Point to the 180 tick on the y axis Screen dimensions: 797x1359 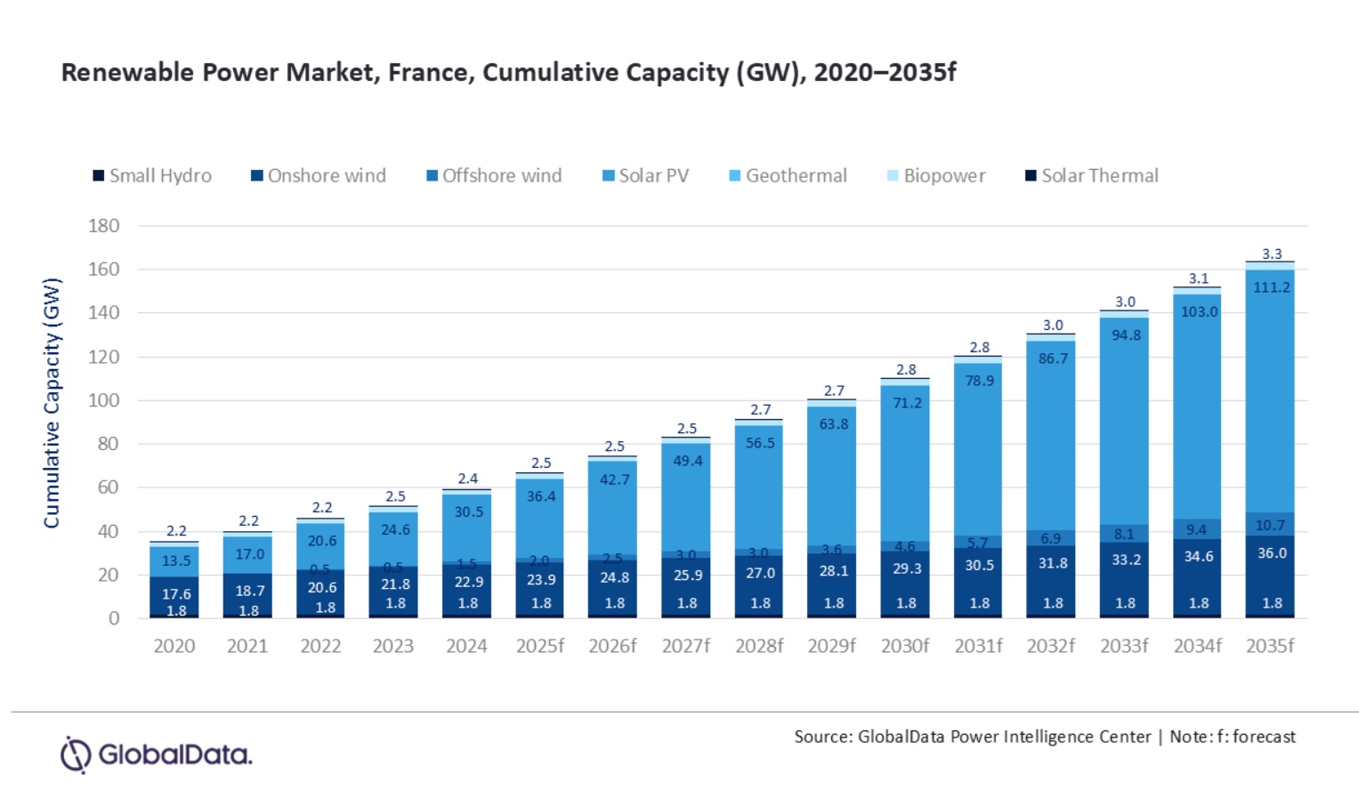(104, 226)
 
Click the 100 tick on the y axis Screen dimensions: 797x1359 (104, 400)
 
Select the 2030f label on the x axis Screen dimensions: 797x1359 (905, 646)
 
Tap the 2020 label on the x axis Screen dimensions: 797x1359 (174, 646)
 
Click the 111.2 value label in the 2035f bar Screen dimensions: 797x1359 (1272, 287)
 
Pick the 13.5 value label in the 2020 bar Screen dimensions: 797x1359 (176, 560)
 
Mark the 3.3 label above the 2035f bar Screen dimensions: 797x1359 (1272, 254)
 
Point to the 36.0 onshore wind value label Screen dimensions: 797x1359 (1272, 553)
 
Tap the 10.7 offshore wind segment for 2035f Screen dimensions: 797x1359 (1271, 525)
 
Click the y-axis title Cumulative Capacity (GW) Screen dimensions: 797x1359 (52, 403)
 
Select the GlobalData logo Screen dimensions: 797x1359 (157, 754)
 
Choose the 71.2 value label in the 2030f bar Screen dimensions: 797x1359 (907, 403)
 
